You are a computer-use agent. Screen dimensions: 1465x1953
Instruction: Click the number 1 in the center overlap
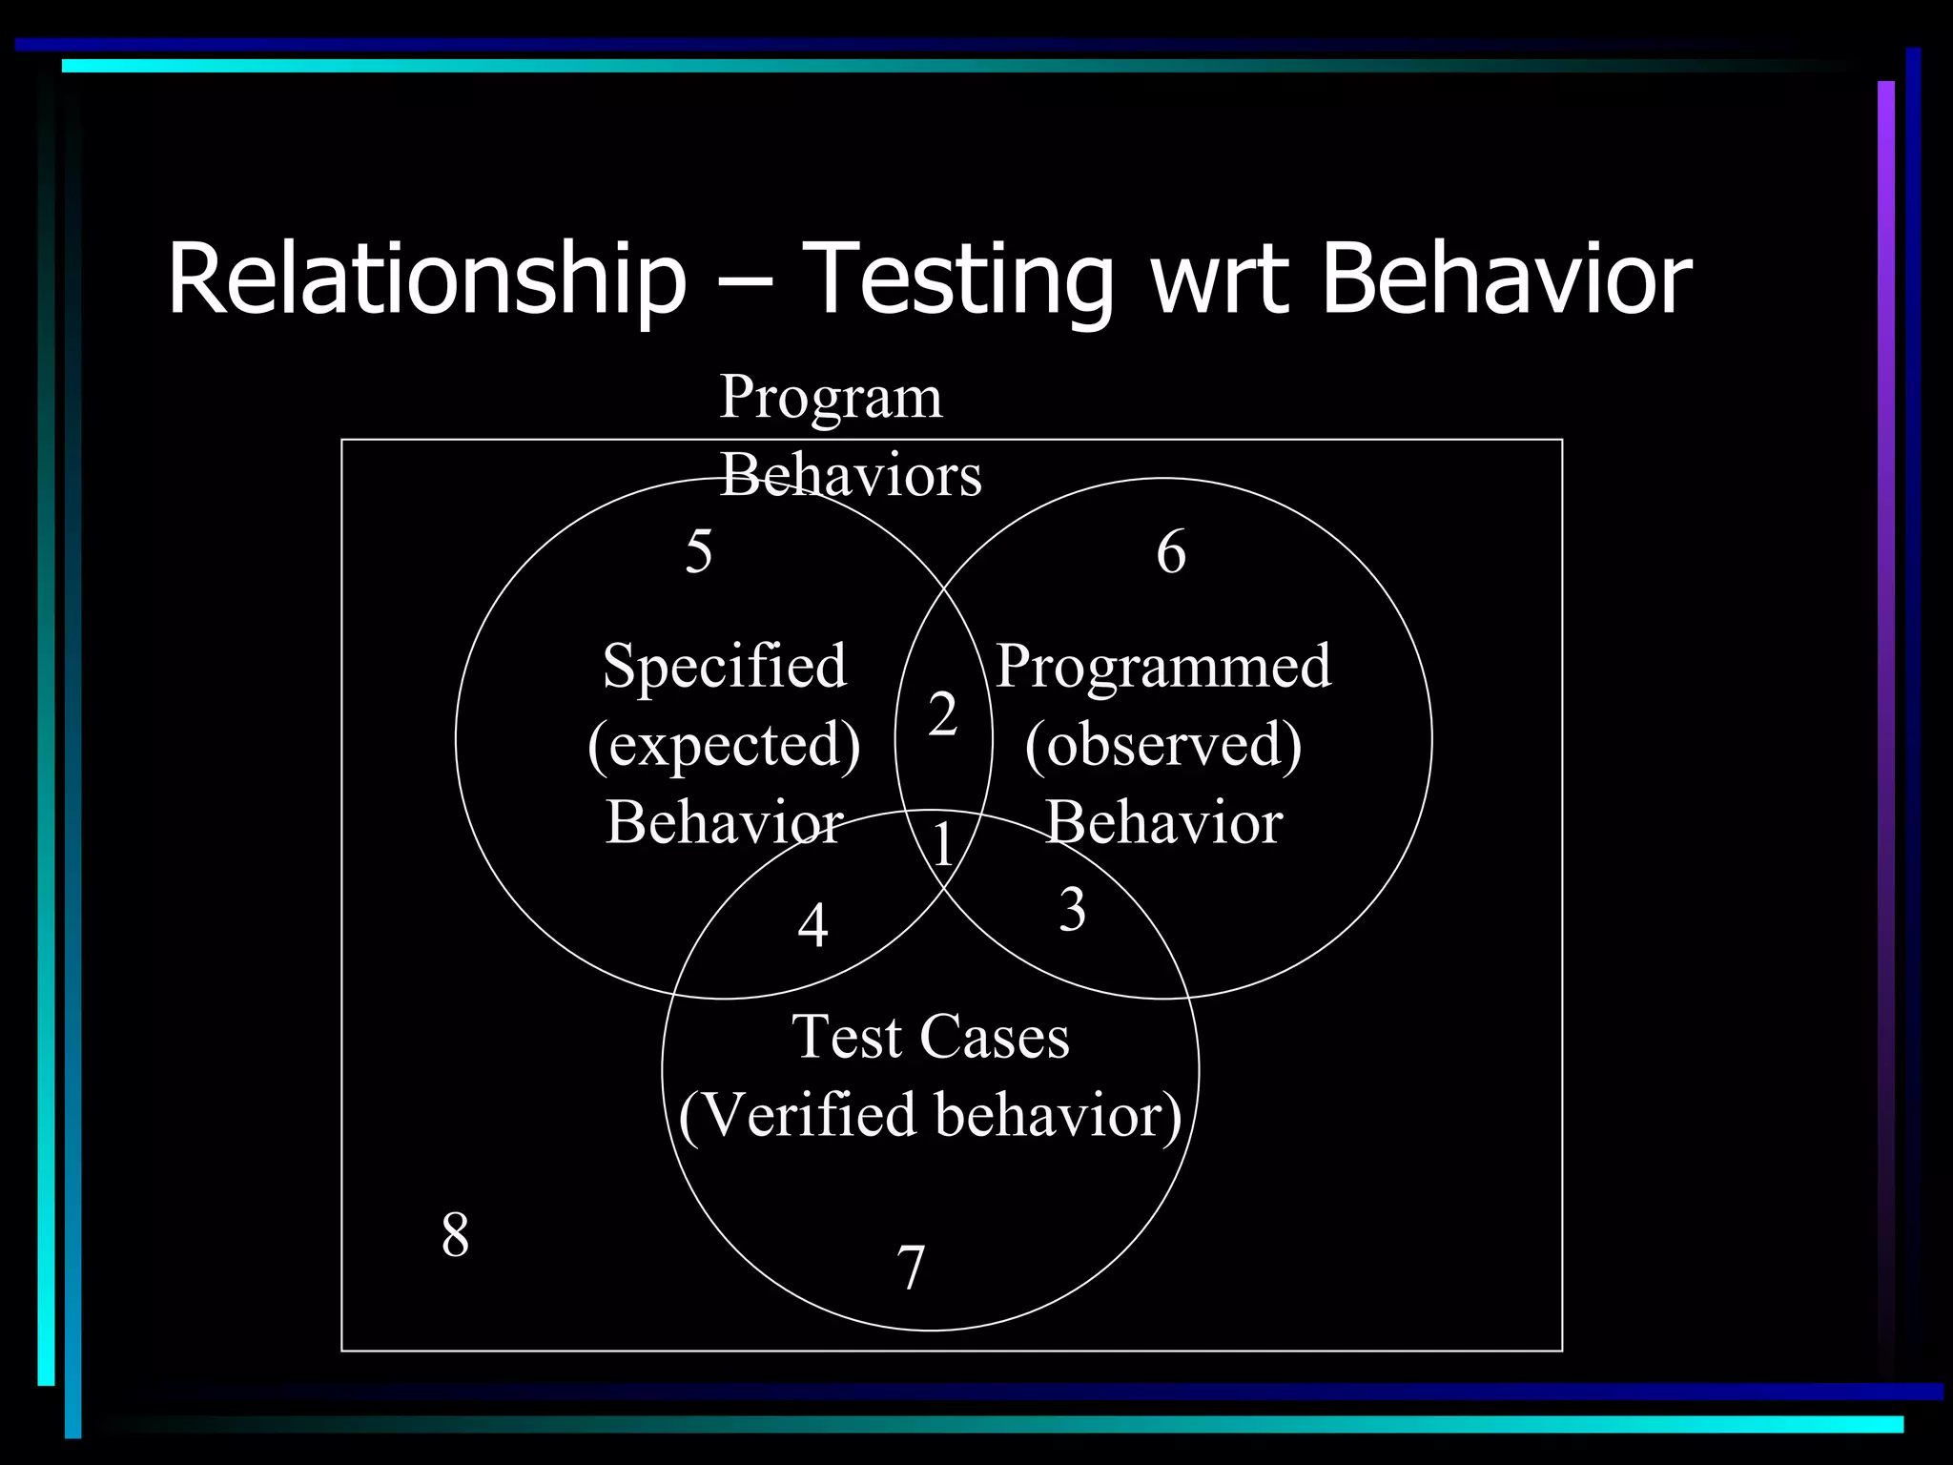coord(943,845)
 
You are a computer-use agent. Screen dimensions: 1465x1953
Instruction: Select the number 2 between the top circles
coord(942,714)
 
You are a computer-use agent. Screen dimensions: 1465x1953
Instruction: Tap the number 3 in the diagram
coord(1073,910)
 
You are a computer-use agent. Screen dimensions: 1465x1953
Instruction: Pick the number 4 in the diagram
coord(812,925)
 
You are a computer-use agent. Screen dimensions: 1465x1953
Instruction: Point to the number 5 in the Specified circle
coord(699,551)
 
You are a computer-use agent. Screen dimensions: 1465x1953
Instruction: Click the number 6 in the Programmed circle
coord(1171,552)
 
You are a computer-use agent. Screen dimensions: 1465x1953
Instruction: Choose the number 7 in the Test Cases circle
coord(912,1269)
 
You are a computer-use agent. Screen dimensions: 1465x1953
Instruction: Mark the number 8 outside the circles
coord(455,1235)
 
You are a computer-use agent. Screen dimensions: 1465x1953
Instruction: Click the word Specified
coord(725,666)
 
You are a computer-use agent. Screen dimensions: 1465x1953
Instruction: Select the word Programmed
coord(1163,666)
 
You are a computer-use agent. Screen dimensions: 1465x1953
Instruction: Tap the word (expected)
coord(725,744)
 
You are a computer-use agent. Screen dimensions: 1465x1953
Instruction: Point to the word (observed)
coord(1163,744)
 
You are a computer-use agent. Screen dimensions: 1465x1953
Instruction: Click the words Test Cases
coord(931,1037)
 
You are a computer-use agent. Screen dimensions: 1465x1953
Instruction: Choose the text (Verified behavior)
coord(931,1115)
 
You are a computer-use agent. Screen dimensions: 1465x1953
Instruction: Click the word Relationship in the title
coord(426,279)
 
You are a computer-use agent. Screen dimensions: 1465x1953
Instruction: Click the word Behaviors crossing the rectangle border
coord(851,475)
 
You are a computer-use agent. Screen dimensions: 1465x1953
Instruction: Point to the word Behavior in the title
coord(1507,279)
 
